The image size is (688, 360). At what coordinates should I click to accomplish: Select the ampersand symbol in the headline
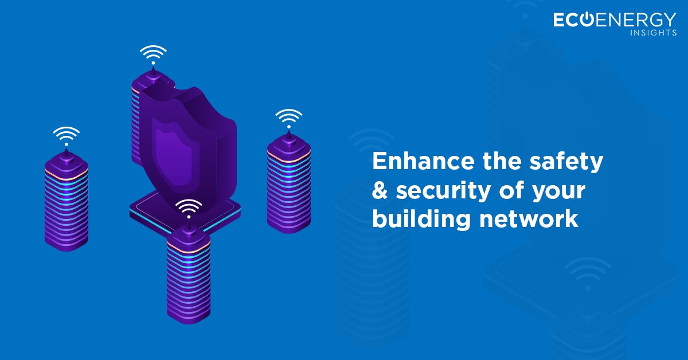point(380,191)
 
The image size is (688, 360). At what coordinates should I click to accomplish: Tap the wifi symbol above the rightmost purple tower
point(288,118)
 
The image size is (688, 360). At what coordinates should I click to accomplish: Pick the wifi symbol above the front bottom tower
point(189,208)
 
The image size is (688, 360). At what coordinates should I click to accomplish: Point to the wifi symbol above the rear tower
point(153,55)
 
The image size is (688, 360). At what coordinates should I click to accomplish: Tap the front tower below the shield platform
point(189,275)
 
